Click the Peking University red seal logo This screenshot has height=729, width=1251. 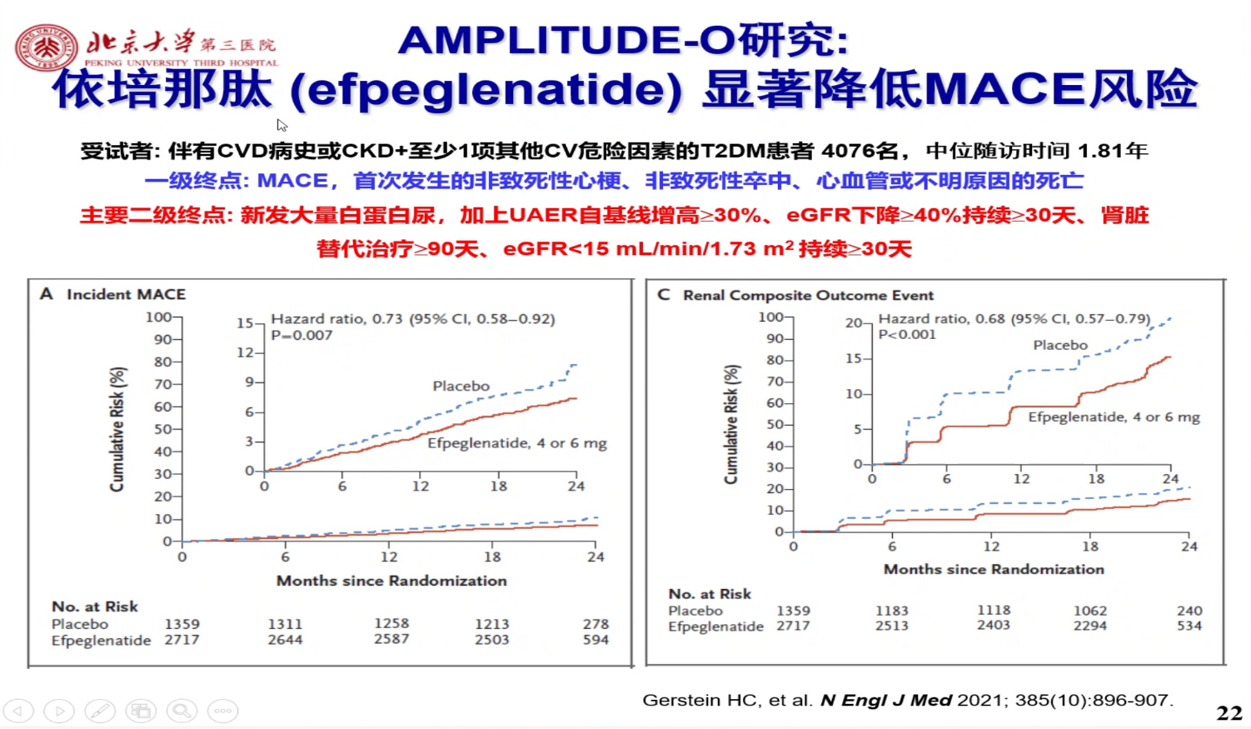coord(46,47)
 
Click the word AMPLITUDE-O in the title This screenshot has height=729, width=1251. coord(566,40)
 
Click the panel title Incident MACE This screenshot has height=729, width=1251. coord(126,294)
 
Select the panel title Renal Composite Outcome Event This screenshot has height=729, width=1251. coord(808,295)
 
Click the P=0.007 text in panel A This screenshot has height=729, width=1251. coord(302,335)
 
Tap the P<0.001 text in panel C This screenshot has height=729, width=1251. coord(907,334)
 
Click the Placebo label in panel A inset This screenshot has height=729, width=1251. coord(461,386)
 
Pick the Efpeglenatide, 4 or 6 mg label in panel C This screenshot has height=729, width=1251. coord(1114,417)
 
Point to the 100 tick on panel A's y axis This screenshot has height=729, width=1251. coord(158,317)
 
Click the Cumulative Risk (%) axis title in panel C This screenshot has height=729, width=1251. coord(731,424)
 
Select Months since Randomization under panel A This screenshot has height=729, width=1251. coord(391,581)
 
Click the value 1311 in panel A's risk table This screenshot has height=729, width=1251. coord(285,623)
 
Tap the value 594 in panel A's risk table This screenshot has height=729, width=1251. coord(596,640)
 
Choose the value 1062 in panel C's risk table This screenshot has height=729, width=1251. coord(1089,611)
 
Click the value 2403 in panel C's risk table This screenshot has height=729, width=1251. coord(994,625)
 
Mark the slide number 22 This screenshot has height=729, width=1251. coord(1229,713)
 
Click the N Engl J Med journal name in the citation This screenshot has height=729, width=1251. coord(885,700)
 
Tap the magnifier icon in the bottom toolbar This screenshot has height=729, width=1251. coord(182,711)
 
